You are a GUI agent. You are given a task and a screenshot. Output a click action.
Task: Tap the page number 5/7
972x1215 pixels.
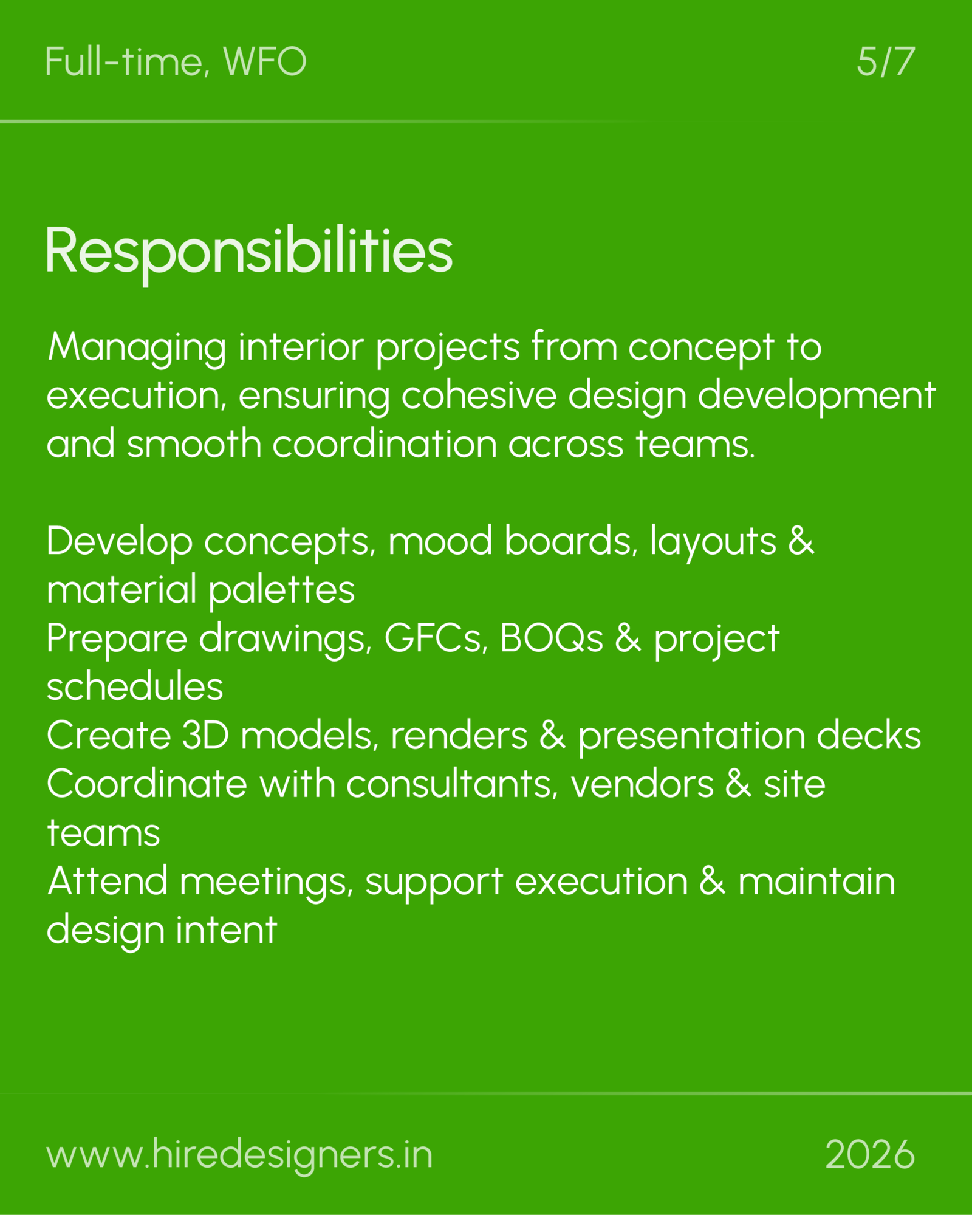coord(886,62)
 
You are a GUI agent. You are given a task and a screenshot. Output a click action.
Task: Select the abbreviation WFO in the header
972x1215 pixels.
coord(265,62)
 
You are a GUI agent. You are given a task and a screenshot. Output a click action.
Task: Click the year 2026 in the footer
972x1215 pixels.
coord(870,1154)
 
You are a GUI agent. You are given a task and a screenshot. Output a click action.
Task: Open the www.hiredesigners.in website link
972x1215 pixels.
coord(239,1154)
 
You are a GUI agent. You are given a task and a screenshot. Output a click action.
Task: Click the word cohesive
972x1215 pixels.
coord(479,395)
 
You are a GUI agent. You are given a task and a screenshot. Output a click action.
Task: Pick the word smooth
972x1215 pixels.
coord(194,443)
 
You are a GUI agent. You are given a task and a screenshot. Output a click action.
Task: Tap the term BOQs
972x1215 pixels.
coord(552,638)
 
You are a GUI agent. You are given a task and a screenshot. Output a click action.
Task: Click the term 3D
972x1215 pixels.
coord(205,736)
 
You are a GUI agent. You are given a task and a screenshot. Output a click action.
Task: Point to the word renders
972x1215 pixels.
coord(459,736)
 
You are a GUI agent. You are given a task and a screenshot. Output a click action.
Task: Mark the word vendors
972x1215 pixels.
coord(642,784)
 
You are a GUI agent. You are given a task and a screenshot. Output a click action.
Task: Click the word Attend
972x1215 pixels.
coord(108,881)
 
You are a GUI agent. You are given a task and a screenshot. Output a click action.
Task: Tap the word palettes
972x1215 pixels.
coord(282,590)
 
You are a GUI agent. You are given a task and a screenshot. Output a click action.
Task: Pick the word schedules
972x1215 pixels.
coord(135,686)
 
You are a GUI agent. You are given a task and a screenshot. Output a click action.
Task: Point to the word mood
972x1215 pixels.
coord(440,541)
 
